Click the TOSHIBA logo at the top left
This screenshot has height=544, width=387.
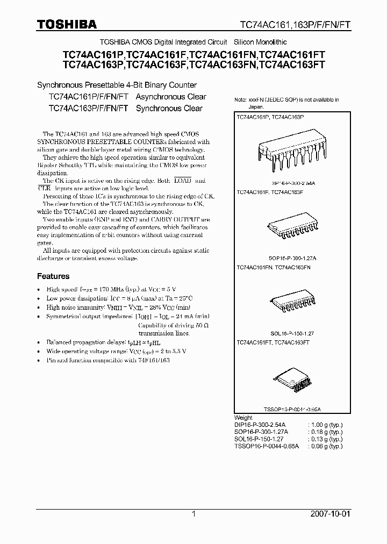(x=67, y=24)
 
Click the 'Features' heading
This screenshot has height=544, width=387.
(x=53, y=276)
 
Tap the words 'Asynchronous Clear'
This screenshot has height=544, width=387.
(x=171, y=97)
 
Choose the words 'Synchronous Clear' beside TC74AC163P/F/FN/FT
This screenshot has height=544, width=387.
(x=169, y=108)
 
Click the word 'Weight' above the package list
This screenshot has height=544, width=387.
(x=243, y=418)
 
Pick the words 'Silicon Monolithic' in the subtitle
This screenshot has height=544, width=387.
(x=261, y=42)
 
